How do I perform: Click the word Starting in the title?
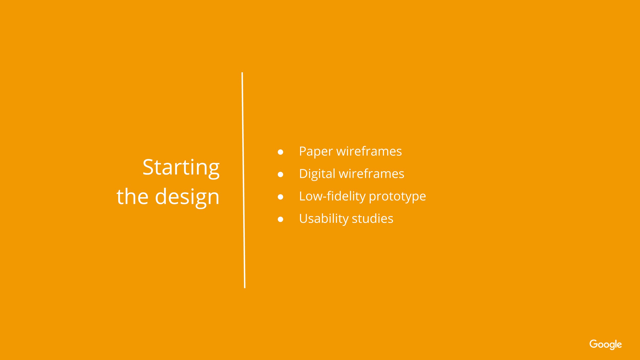point(181,168)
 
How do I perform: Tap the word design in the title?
point(187,197)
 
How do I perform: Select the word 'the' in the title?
point(132,196)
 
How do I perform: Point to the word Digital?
point(317,174)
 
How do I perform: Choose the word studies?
point(372,219)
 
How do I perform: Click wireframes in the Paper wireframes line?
point(369,151)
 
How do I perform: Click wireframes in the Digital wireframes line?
point(371,174)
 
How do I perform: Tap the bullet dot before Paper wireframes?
point(280,152)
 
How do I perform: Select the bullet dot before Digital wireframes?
point(280,175)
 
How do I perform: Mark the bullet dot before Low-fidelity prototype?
point(280,197)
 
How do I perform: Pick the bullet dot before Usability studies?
point(280,219)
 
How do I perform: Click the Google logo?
point(605,344)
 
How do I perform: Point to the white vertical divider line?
point(243,179)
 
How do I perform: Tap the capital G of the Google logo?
point(593,344)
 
